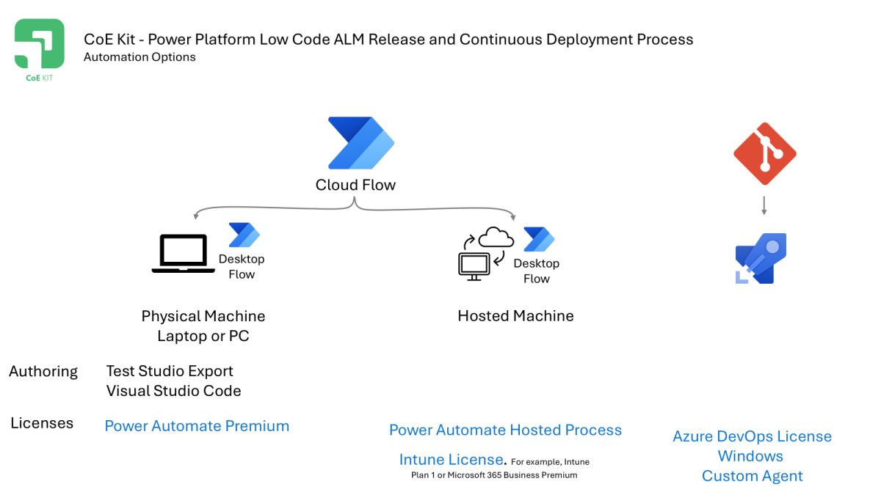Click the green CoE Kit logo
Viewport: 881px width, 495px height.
pos(40,45)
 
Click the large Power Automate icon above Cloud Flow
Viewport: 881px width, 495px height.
pos(360,143)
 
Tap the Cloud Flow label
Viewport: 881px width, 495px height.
pos(355,185)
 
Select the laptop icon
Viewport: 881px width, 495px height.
pos(184,254)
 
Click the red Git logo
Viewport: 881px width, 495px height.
pos(764,153)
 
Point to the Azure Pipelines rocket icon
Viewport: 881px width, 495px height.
pos(761,259)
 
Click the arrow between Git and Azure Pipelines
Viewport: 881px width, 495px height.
pos(764,205)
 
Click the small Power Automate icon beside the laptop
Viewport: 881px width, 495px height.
pos(244,235)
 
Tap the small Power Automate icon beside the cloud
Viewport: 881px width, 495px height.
pos(539,240)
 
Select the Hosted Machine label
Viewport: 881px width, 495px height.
pos(515,316)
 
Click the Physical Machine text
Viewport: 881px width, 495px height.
pos(203,316)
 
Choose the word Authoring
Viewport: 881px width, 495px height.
pos(43,371)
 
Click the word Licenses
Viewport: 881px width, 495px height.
pos(42,423)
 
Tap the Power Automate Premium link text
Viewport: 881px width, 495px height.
pos(197,426)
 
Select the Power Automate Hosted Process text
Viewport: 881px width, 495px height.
pos(505,430)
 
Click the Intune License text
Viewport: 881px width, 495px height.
pos(452,460)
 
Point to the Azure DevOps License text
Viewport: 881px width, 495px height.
pos(752,436)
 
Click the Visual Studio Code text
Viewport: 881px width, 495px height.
pos(173,391)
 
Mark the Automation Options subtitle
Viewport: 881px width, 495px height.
pos(139,57)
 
